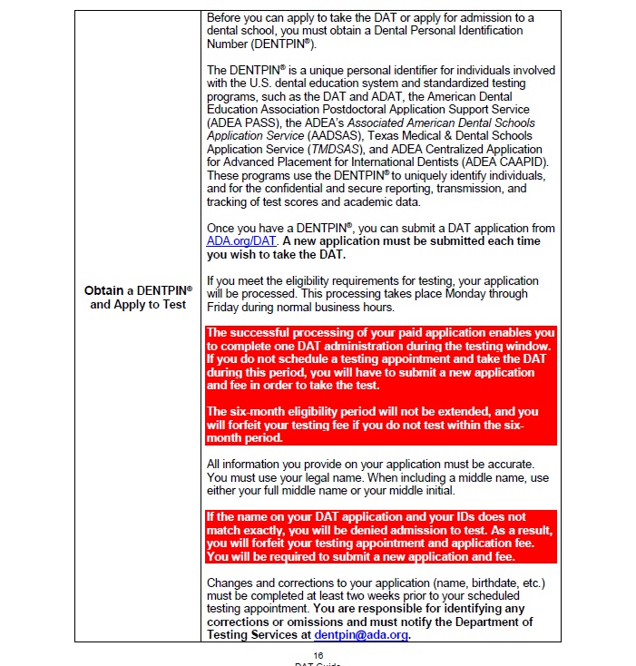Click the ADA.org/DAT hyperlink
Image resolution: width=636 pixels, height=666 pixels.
240,241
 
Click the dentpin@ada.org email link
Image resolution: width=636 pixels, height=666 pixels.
361,635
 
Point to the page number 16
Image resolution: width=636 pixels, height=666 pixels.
318,655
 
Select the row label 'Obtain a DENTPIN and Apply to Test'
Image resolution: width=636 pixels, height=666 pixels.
138,298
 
